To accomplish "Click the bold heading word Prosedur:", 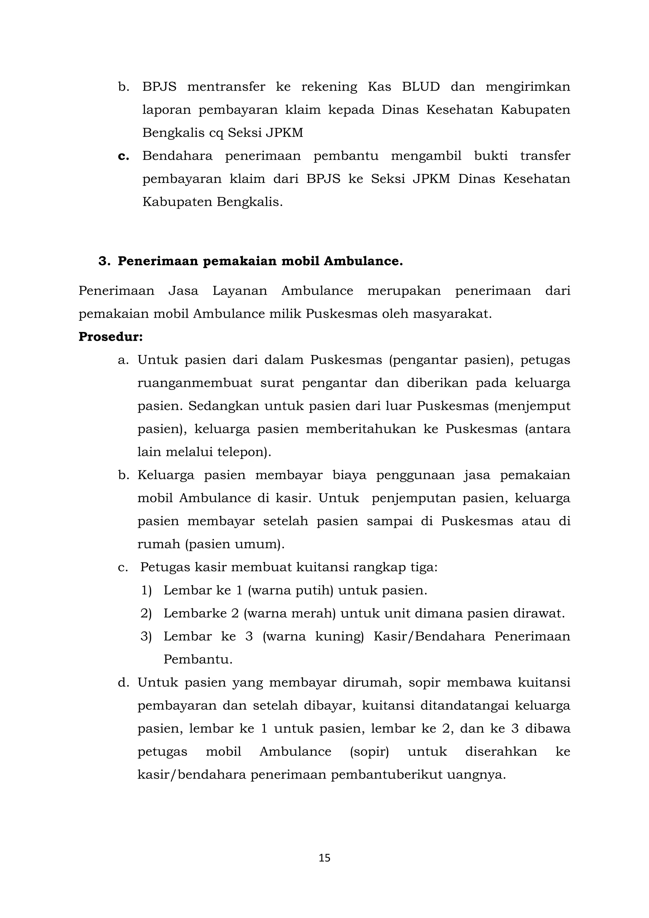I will click(110, 337).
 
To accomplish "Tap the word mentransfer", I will click(226, 87).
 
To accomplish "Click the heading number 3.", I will click(104, 261).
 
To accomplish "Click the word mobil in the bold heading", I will click(300, 261).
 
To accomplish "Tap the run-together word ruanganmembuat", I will click(195, 383).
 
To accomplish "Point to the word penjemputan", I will click(414, 499).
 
